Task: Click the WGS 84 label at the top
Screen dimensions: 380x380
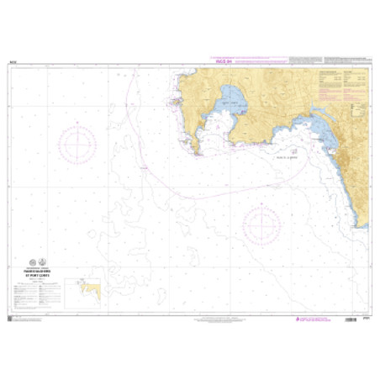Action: (224, 61)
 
